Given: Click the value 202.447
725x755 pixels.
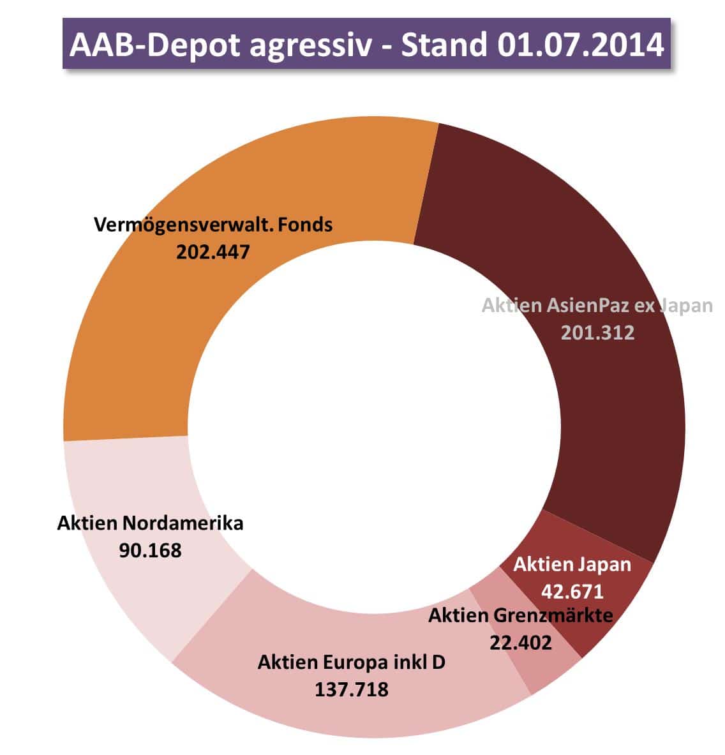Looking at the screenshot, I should (x=213, y=251).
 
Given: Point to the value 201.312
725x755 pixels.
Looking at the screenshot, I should (x=597, y=332).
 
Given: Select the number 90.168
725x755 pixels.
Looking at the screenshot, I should (x=150, y=549).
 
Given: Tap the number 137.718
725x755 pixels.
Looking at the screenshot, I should (x=351, y=689).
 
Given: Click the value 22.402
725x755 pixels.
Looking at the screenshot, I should (x=520, y=642).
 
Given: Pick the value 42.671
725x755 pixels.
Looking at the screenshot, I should (x=572, y=591).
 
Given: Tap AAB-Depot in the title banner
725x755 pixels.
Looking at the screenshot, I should (x=154, y=45).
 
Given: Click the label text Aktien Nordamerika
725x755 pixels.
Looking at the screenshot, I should (x=150, y=523).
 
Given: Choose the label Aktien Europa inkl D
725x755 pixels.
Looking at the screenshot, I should (x=351, y=662).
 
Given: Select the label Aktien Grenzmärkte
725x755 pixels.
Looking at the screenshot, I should (x=520, y=616).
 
